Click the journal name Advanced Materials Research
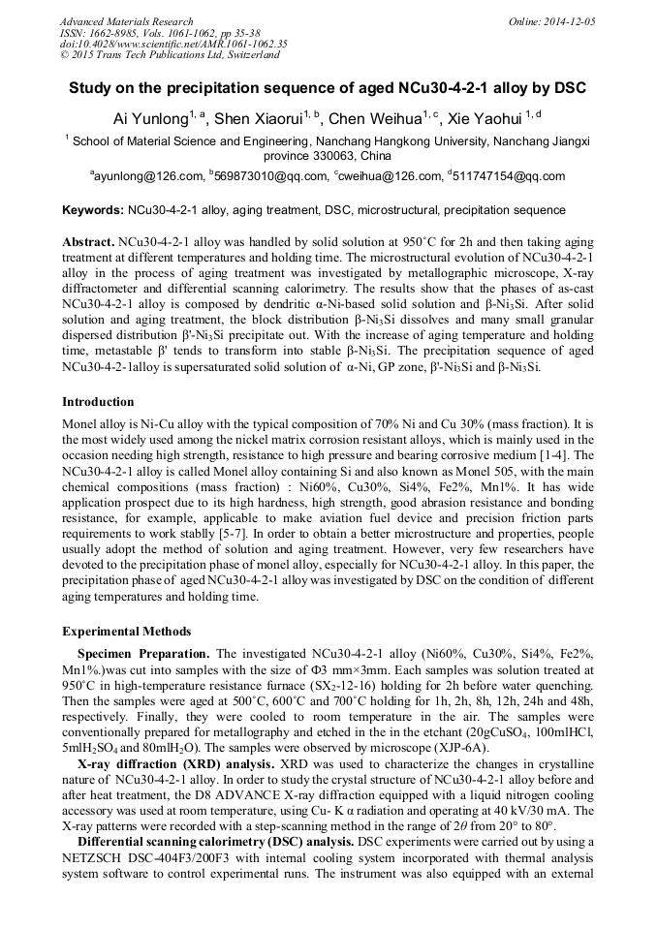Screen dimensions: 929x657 pyautogui.click(x=126, y=21)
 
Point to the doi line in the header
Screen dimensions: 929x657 pyautogui.click(x=173, y=45)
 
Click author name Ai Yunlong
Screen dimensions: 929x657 pyautogui.click(x=151, y=120)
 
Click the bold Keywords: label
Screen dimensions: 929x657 pyautogui.click(x=93, y=210)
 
